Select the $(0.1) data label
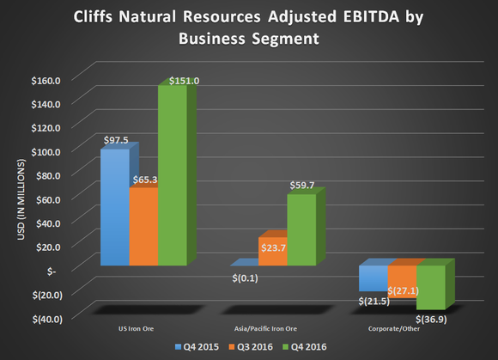pyautogui.click(x=245, y=278)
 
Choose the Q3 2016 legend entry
pyautogui.click(x=255, y=347)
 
